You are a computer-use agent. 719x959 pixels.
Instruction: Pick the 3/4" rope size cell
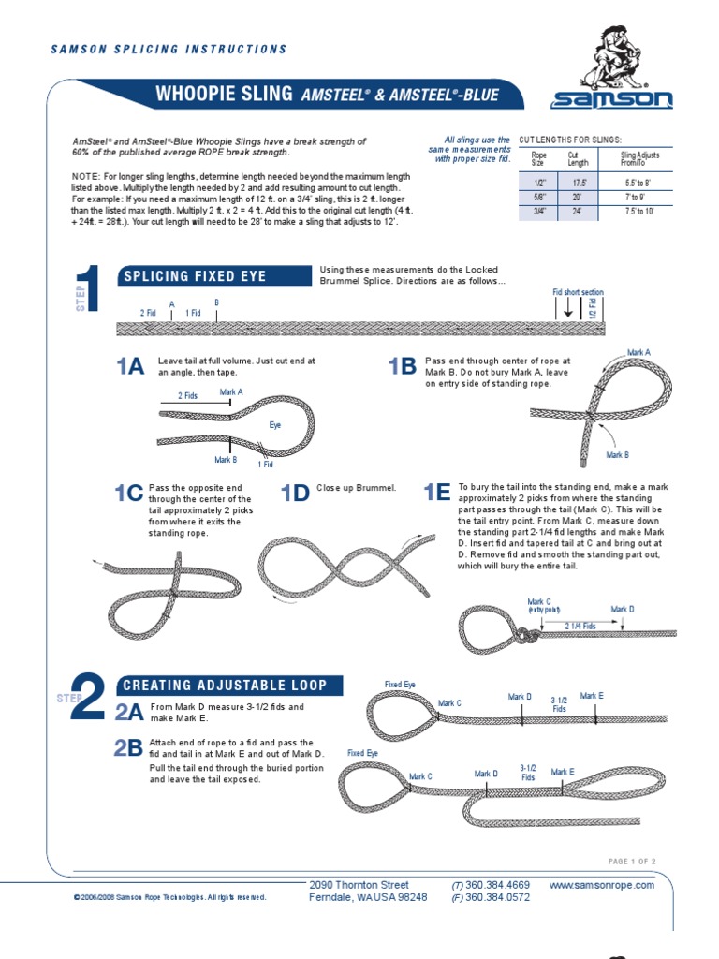[x=538, y=212]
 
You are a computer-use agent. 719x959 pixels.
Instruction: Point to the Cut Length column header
[x=578, y=158]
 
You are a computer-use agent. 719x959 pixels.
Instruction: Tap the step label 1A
[x=130, y=366]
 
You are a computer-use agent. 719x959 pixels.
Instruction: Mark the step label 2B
[x=129, y=747]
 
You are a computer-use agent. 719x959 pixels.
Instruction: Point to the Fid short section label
[x=578, y=292]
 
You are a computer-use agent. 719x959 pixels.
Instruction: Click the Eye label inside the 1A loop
[x=275, y=425]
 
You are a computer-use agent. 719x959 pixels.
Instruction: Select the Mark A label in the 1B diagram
[x=638, y=353]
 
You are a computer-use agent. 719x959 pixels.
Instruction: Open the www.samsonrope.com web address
[x=602, y=885]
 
